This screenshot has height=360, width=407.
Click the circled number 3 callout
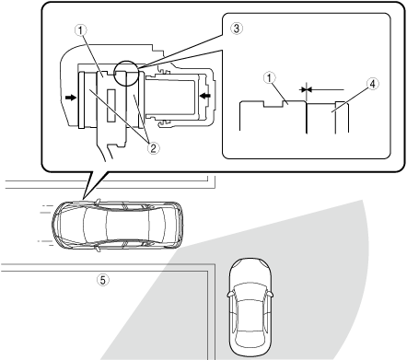tap(237, 29)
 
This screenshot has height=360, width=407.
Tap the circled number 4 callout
tap(372, 84)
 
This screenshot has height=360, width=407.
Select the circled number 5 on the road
tap(103, 280)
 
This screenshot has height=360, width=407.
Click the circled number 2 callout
tap(153, 148)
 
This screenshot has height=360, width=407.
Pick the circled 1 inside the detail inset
tap(270, 78)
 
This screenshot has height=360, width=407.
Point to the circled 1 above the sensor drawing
tap(81, 30)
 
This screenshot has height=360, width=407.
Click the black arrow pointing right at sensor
tap(70, 98)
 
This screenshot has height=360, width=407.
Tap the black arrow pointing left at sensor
tap(205, 96)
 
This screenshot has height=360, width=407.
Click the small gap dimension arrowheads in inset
tap(306, 89)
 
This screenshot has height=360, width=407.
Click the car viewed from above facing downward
tap(250, 307)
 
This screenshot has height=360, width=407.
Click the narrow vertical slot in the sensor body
tap(111, 106)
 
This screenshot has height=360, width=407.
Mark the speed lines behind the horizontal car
tap(45, 225)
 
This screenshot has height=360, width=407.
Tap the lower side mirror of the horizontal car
tap(98, 249)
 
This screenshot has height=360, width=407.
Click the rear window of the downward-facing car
tap(250, 337)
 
